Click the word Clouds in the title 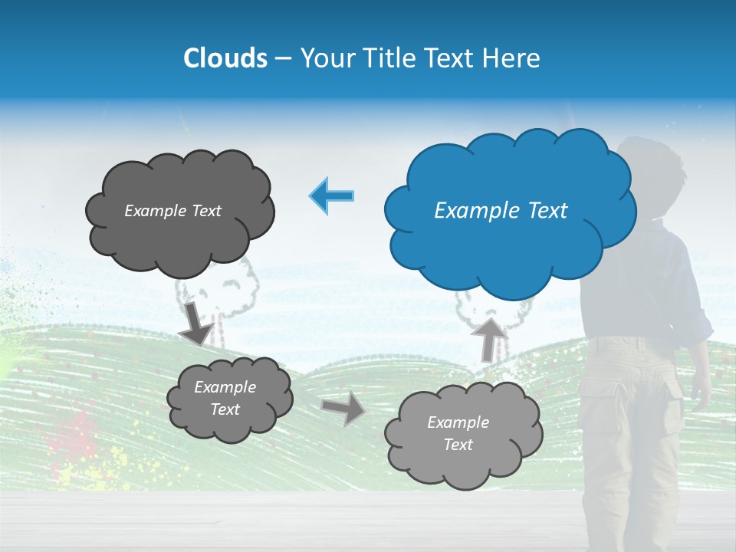pos(225,58)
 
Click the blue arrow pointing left pos(331,195)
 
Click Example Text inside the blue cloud pos(501,211)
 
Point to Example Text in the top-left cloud pos(172,211)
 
